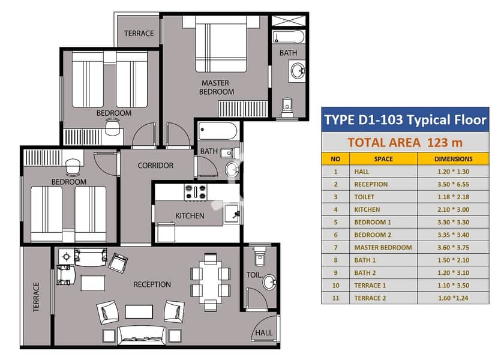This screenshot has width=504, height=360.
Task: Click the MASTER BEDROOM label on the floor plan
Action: (217, 88)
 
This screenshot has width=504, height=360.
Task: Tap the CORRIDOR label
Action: (155, 166)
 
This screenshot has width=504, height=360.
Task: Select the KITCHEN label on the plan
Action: (190, 215)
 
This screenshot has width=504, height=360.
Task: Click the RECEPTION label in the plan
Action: (152, 284)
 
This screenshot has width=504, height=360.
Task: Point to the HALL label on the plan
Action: (263, 332)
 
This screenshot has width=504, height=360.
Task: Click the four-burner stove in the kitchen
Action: (196, 192)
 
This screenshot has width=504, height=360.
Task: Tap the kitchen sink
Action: (232, 213)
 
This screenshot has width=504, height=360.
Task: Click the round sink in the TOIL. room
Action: (269, 282)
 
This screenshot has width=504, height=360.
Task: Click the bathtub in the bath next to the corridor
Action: (218, 131)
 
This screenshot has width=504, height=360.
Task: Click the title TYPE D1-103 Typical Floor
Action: (405, 119)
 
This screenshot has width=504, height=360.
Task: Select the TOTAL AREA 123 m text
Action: (405, 142)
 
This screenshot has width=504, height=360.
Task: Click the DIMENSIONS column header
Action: (453, 159)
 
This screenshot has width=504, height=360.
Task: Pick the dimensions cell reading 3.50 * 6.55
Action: (453, 184)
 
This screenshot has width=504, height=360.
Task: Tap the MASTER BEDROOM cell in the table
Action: (383, 247)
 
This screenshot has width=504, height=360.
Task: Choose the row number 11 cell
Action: (335, 298)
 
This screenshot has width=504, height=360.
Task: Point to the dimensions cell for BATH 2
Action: (453, 273)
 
